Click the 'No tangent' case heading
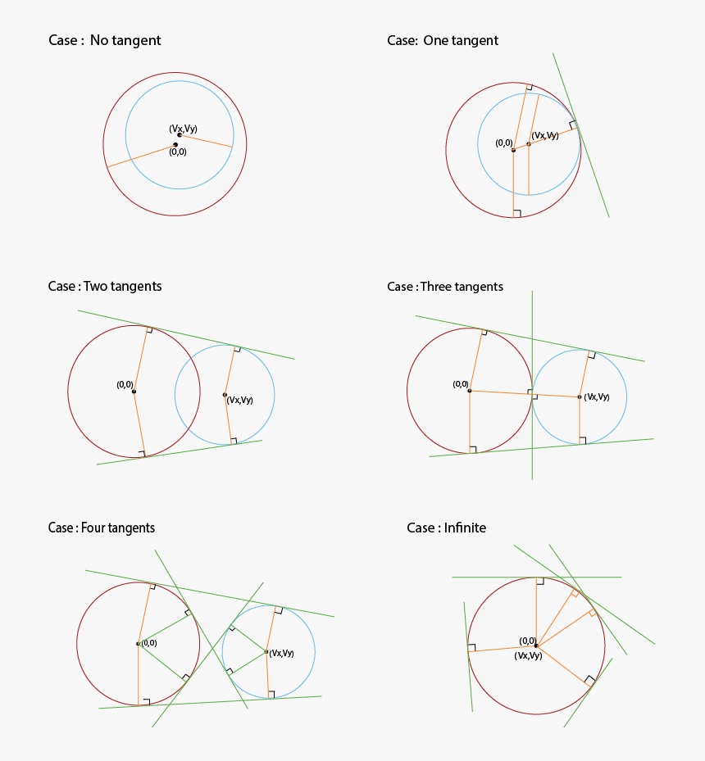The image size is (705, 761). (x=104, y=41)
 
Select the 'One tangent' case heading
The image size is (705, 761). (x=443, y=41)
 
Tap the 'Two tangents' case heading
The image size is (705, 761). (x=105, y=287)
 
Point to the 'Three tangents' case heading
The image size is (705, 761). (x=445, y=287)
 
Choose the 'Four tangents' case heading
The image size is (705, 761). (x=102, y=528)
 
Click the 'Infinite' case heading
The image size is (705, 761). (x=446, y=528)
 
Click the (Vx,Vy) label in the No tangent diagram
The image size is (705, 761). (x=183, y=129)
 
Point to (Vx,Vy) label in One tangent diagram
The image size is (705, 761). (x=545, y=135)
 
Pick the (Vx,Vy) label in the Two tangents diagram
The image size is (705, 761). (x=239, y=401)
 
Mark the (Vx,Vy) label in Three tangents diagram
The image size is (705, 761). (x=596, y=397)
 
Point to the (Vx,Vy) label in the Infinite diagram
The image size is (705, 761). (x=528, y=656)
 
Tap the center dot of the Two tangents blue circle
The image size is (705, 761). (x=225, y=395)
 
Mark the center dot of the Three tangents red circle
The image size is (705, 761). (x=469, y=391)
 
